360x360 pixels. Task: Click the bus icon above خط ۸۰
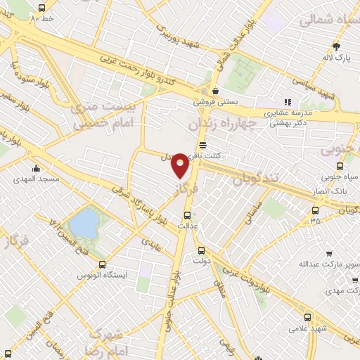click(41, 8)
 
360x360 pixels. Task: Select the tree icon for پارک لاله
click(336, 46)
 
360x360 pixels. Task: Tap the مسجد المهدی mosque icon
click(35, 169)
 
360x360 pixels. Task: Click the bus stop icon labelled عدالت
click(187, 215)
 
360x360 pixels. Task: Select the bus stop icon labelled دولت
click(201, 250)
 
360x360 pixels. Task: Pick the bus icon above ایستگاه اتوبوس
click(103, 265)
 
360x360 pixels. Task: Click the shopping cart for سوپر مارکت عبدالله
click(330, 254)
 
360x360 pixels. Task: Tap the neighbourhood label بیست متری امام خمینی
click(98, 116)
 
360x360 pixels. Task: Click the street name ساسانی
click(252, 211)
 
